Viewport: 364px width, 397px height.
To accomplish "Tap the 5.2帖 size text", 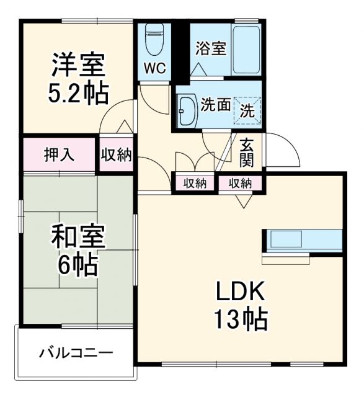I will point(78,92).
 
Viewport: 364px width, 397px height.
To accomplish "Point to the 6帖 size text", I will point(78,265).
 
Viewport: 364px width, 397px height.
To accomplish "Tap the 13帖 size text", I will point(241,319).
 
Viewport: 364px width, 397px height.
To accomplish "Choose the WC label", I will point(154,68).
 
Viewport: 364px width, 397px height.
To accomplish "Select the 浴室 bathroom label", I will point(210,49).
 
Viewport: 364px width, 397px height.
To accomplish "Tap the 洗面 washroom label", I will point(215,105).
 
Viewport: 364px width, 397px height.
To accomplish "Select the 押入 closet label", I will point(60,154).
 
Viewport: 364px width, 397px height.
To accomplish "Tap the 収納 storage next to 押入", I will point(117,154).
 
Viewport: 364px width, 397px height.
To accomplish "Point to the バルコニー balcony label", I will point(76,353).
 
